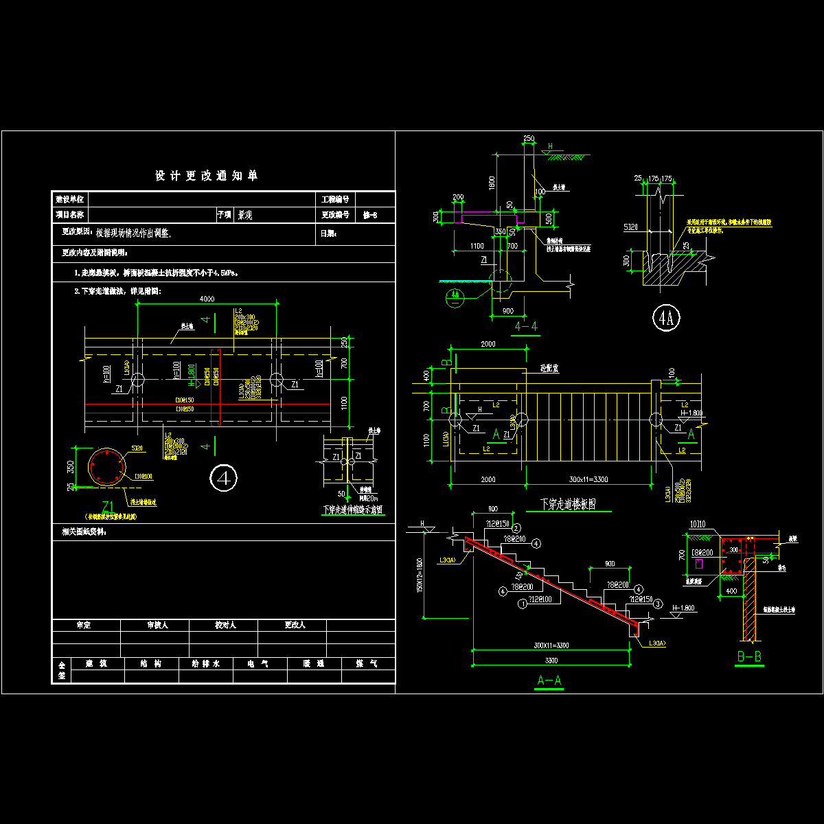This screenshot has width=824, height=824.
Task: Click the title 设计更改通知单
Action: coord(206,176)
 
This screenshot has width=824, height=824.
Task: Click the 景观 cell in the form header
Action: coord(244,215)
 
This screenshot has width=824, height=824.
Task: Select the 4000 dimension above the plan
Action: coord(207,299)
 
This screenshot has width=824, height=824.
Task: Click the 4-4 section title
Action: coord(526,327)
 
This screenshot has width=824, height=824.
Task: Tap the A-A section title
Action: coord(549,682)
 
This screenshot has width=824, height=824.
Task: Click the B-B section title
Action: coord(749,657)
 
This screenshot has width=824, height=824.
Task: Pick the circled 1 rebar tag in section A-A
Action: coord(523,604)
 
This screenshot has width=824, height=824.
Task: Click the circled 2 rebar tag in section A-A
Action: coord(516,528)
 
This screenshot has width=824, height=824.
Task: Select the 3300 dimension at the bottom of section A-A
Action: coord(551,661)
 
